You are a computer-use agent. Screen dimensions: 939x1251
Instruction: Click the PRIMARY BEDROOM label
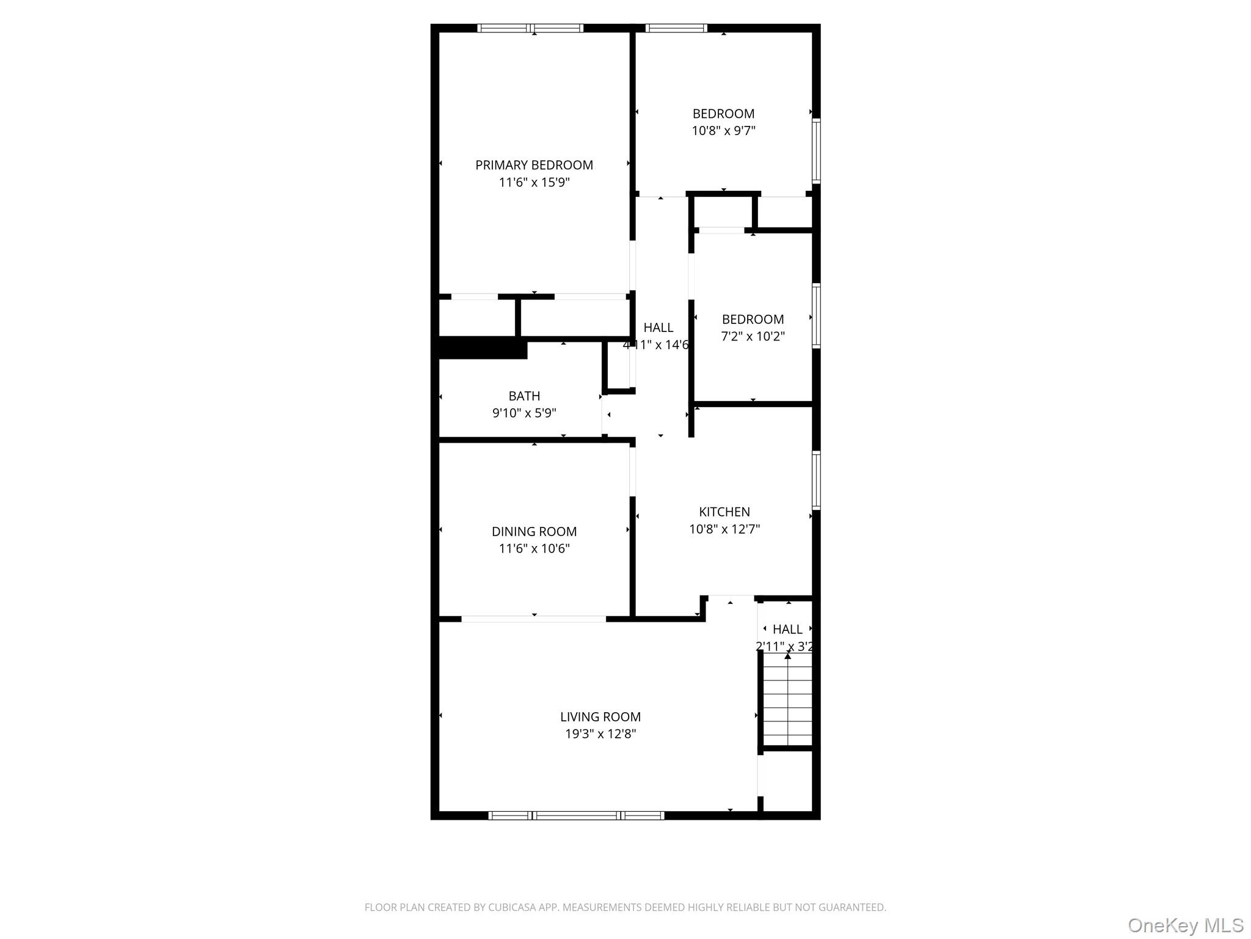point(534,165)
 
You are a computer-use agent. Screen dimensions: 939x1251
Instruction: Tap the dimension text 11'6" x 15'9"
point(534,182)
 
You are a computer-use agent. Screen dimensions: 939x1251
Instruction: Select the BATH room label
point(524,396)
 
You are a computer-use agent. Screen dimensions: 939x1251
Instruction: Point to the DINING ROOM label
point(534,532)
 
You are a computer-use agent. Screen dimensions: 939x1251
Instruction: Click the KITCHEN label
point(724,512)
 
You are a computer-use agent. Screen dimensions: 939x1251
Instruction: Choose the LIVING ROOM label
point(600,717)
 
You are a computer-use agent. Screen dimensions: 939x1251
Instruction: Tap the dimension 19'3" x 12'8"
point(600,734)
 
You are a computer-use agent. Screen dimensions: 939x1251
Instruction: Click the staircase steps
point(788,703)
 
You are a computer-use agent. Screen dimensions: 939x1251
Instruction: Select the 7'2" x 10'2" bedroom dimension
point(753,336)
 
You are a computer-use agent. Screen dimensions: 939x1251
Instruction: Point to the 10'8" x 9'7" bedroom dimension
point(723,131)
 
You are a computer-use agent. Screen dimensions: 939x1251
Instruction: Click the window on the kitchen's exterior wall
point(816,481)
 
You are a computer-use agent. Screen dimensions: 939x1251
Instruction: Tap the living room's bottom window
point(576,816)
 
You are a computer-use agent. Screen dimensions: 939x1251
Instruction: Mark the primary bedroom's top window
point(530,28)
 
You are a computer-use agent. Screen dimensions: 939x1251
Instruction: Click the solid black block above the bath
point(483,348)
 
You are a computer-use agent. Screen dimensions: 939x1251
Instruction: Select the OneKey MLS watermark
point(1185,925)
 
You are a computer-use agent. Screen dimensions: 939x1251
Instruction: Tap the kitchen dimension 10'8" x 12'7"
point(724,529)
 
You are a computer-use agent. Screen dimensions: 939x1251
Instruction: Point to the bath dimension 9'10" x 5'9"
point(524,413)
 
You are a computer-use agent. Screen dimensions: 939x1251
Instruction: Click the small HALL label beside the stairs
point(787,629)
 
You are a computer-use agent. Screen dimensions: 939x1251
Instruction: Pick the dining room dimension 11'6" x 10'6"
point(534,549)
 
